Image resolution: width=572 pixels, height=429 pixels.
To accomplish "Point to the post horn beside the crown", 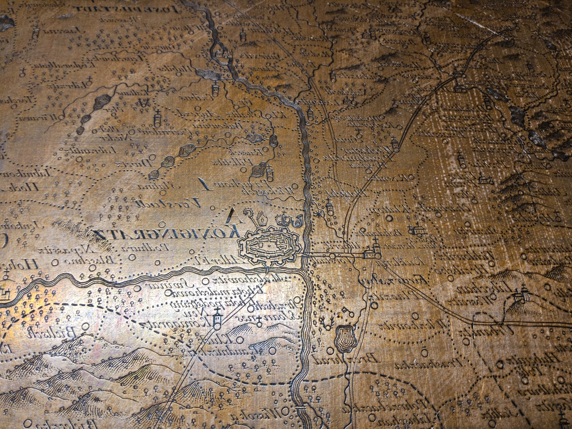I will click(x=298, y=220).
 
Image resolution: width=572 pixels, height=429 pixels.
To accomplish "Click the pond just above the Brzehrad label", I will click(x=345, y=337).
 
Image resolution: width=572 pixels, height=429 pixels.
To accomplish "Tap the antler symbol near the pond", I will click(x=326, y=321).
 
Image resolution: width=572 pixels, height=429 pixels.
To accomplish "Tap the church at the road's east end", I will click(x=372, y=252).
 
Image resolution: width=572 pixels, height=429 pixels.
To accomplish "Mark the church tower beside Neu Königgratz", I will click(x=217, y=318).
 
